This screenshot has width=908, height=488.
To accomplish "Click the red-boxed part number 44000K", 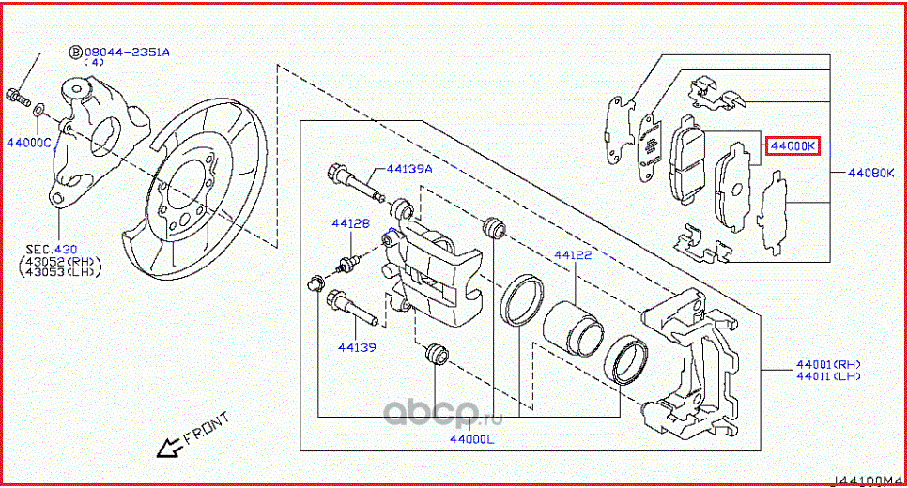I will tap(793, 145).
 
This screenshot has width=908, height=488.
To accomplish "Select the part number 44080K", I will tap(870, 173).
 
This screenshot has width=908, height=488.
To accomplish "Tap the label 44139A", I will tap(409, 170).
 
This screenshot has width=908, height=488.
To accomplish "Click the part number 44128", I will tap(349, 224).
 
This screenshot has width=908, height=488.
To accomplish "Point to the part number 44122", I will tap(572, 254).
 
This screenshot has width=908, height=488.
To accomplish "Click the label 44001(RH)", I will tap(828, 364).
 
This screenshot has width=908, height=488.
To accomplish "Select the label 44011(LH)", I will tap(828, 376).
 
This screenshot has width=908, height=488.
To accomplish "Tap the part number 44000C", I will tap(29, 143).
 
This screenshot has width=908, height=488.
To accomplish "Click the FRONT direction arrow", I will tap(169, 448).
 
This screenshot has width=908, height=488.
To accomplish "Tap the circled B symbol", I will tap(75, 53).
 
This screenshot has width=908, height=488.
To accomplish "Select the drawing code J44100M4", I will tap(870, 480).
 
